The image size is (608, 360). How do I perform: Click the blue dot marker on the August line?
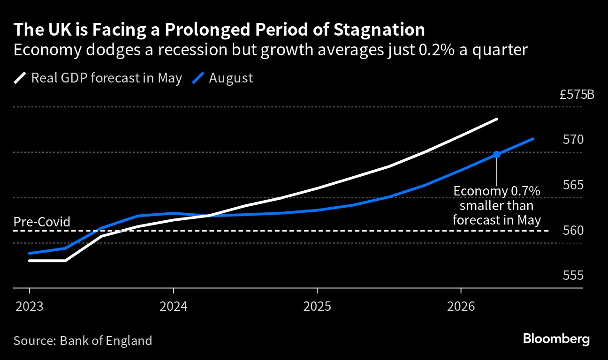(x=497, y=154)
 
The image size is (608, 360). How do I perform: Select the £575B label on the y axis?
(x=577, y=95)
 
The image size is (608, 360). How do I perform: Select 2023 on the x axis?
(x=29, y=307)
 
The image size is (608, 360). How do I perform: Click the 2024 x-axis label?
(x=174, y=307)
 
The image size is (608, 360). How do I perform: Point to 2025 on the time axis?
(x=317, y=307)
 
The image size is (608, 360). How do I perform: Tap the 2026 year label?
(x=461, y=307)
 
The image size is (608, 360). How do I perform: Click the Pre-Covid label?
(x=42, y=222)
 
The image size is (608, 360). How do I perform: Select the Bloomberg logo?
(x=556, y=339)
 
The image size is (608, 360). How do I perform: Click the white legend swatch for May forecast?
(x=21, y=78)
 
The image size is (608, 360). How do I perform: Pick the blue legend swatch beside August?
(x=198, y=78)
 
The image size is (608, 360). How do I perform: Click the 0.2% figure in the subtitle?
(x=431, y=50)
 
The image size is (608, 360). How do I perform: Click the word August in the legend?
(x=231, y=78)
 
